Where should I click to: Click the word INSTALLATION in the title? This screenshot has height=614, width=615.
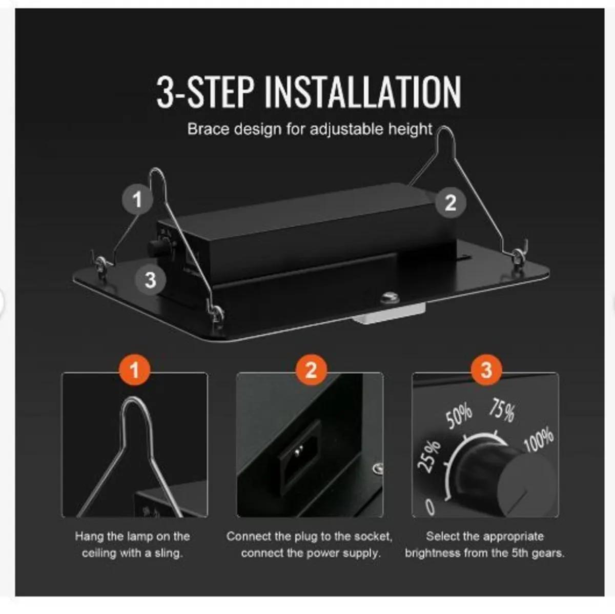pos(363,92)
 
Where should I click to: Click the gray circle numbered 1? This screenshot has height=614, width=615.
pos(137,199)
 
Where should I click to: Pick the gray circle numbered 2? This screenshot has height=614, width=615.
pos(450,202)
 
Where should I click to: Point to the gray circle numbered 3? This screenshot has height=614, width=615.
pos(150,280)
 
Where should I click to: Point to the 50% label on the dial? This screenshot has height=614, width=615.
pos(458,416)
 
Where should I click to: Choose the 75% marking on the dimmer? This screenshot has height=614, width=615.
pos(502,410)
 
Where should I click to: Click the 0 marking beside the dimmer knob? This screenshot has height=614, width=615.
pos(430,507)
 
